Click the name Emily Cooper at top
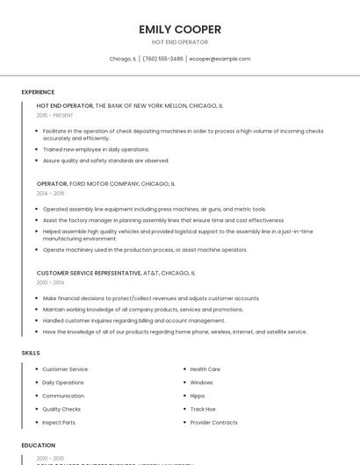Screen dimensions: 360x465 tap(180, 30)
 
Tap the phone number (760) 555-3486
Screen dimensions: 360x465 tap(162, 59)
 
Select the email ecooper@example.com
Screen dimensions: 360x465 tap(220, 59)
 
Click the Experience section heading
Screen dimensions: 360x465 tap(38, 92)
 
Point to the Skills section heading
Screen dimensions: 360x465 tap(31, 353)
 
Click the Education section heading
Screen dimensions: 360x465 tap(39, 446)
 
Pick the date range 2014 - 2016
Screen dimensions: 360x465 tap(50, 193)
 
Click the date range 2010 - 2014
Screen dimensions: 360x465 tap(50, 283)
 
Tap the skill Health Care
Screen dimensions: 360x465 tap(205, 369)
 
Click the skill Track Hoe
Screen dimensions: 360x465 tap(203, 409)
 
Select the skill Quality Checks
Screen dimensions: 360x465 tap(61, 409)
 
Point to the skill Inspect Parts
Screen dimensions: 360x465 tap(59, 422)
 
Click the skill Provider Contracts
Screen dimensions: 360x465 tap(213, 422)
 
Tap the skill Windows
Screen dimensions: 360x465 tap(201, 383)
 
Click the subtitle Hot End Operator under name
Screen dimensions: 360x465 tap(180, 42)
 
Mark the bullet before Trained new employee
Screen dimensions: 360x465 tap(38, 149)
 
